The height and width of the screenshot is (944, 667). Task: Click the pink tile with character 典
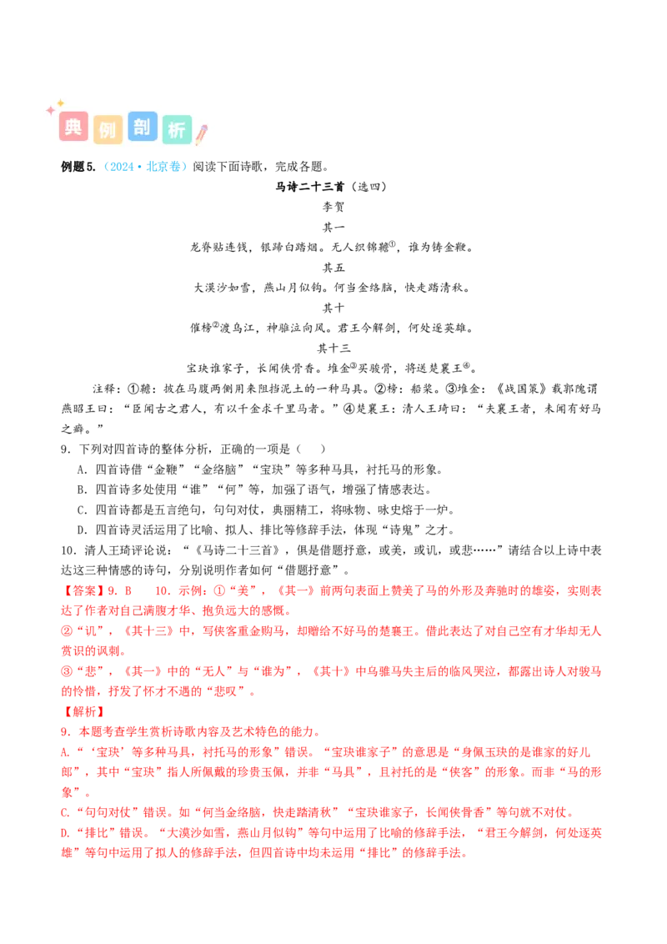coord(73,127)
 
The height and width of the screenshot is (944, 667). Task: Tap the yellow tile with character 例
coord(108,128)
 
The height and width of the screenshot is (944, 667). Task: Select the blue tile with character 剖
coord(142,127)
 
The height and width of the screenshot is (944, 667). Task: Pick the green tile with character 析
coord(177,128)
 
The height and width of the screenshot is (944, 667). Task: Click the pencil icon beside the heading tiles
coord(202,134)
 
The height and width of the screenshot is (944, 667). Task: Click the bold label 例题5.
coord(78,167)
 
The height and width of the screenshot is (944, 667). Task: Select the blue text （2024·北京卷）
coord(145,167)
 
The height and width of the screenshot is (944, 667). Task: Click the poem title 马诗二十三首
coord(310,187)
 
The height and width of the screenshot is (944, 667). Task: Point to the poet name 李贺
coord(333,207)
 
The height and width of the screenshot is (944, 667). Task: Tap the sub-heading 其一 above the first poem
coord(333,227)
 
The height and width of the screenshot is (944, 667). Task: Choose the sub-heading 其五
coord(333,268)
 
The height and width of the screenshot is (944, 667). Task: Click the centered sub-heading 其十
coord(333,308)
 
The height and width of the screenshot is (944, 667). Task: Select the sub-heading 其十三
coord(333,348)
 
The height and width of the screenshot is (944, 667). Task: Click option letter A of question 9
coord(83,469)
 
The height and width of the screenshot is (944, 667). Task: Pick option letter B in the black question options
coord(83,490)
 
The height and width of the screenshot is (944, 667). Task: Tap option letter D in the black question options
coord(83,530)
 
